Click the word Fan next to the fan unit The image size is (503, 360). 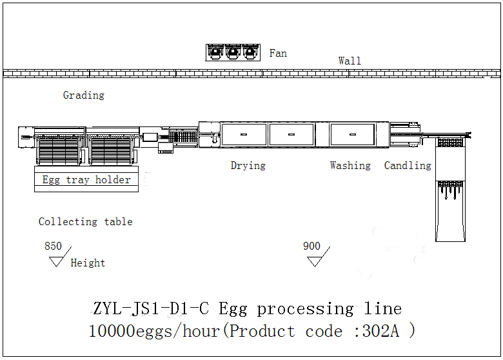pos(278,54)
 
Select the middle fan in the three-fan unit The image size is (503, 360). pos(233,52)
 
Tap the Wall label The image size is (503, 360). pos(350,61)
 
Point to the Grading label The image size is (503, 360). pos(83,95)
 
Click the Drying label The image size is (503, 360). pos(248,166)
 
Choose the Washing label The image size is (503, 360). pos(350,166)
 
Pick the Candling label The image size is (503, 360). pos(408,166)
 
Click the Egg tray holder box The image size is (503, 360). pos(86,180)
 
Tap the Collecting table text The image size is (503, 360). pos(85,222)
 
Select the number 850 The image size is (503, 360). pos(53,246)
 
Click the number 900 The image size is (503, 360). pos(311,246)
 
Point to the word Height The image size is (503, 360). pos(88,263)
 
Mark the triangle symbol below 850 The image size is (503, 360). pos(57,261)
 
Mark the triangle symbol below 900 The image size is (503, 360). pos(315,261)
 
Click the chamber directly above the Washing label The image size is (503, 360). pos(352,134)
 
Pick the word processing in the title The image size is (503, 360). pos(305,309)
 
